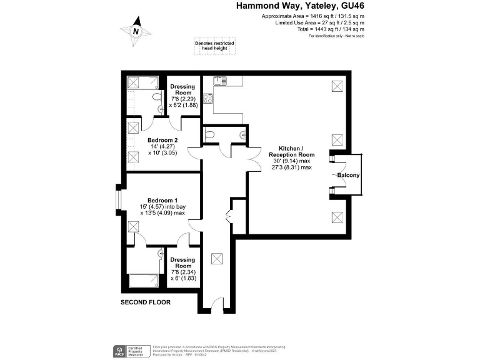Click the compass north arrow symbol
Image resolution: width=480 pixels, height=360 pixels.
(x=136, y=32)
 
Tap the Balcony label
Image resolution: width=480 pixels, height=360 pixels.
(x=348, y=176)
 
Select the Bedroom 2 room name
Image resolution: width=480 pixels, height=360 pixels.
(x=163, y=140)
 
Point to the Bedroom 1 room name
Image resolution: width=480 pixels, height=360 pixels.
(x=163, y=200)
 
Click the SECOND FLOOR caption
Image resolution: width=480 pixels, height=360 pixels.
(x=145, y=302)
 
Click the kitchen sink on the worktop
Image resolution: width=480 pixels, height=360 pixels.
(x=219, y=81)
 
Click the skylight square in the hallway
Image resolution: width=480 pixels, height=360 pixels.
(x=217, y=257)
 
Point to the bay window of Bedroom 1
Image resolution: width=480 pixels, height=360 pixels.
(x=119, y=201)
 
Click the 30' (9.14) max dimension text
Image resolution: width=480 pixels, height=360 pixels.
(x=291, y=161)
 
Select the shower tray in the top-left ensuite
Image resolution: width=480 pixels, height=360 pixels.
(x=134, y=83)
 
